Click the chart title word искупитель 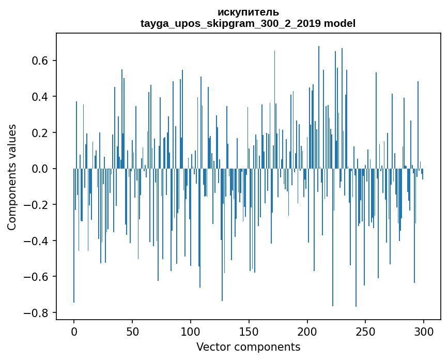(248, 12)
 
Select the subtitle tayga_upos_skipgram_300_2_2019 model (248, 23)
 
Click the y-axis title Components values (12, 177)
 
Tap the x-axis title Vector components (248, 347)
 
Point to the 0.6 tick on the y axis (40, 61)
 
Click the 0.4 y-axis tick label (40, 97)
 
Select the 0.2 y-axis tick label (40, 133)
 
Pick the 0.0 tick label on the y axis (40, 169)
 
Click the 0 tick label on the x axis (74, 331)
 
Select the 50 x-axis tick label (132, 331)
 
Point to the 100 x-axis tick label (191, 331)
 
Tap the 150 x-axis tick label (249, 331)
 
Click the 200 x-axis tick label (307, 331)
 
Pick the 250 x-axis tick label (366, 331)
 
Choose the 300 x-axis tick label (424, 331)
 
